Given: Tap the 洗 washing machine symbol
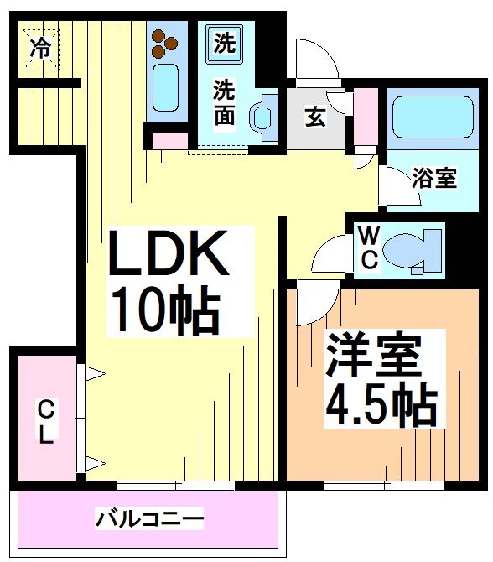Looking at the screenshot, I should [224, 43].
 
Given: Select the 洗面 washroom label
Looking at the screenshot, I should [224, 102].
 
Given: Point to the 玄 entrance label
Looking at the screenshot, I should [315, 117].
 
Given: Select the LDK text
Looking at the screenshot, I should [167, 256].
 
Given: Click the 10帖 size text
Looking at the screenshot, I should [163, 311].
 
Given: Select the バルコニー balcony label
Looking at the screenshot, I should [148, 518].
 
